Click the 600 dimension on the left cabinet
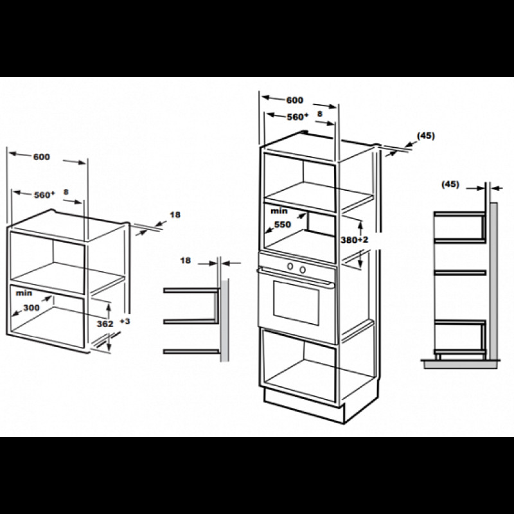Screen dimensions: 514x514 point(42,157)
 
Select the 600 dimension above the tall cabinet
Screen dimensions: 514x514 point(295,100)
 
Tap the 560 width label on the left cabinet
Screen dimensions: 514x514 point(44,195)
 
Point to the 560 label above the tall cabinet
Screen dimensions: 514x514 point(297,117)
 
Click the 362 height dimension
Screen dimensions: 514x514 point(105,324)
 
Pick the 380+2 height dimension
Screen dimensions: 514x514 point(355,240)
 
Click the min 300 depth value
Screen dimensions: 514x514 point(31,308)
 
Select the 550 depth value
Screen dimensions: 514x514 point(283,224)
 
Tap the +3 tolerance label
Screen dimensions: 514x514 point(125,321)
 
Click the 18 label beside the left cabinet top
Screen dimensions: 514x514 point(175,215)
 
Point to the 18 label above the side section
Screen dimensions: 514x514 point(185,260)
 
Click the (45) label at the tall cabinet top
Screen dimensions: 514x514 point(426,136)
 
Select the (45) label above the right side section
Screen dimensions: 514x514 point(450,184)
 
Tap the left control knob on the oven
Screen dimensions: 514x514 point(290,267)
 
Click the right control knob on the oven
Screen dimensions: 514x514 point(303,270)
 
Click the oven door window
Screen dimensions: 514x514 point(296,303)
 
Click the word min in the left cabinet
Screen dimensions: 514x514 point(24,293)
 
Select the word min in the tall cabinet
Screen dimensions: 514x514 point(279,211)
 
